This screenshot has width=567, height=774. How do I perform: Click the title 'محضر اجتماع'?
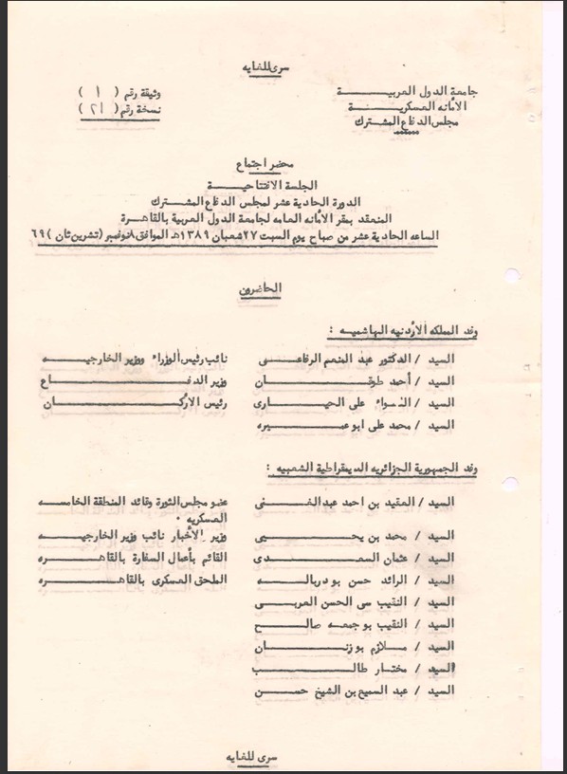click(x=281, y=162)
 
